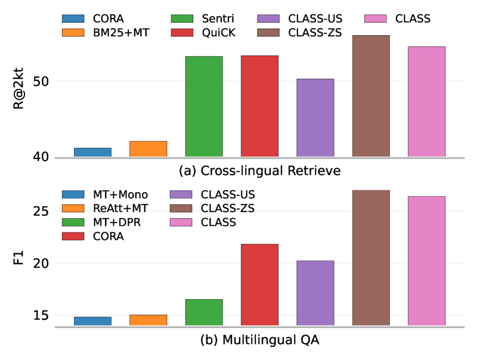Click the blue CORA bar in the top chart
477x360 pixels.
pyautogui.click(x=92, y=153)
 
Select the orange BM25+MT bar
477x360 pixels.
pyautogui.click(x=148, y=149)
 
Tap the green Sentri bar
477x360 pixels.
pyautogui.click(x=204, y=107)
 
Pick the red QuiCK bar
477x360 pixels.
pyautogui.click(x=259, y=107)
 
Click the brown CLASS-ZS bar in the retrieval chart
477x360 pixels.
pyautogui.click(x=371, y=97)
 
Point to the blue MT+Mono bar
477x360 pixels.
pyautogui.click(x=92, y=321)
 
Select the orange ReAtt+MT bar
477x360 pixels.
pyautogui.click(x=148, y=320)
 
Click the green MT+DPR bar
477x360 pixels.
pyautogui.click(x=204, y=312)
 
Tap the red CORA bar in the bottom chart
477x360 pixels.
pyautogui.click(x=259, y=285)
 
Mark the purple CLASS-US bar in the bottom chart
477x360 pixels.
pyautogui.click(x=315, y=293)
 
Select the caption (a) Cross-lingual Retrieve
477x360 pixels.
pyautogui.click(x=259, y=172)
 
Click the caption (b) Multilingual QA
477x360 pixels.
pyautogui.click(x=259, y=340)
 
